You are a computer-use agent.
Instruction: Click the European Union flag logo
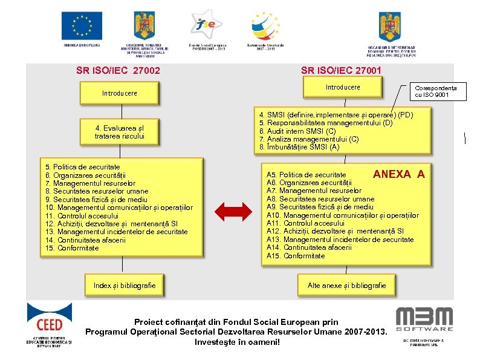click(82, 26)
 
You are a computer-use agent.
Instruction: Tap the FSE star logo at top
click(207, 25)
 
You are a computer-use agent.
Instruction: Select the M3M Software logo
click(424, 319)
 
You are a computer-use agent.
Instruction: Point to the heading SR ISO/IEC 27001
click(341, 70)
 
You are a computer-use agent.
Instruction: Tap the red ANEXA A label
click(398, 174)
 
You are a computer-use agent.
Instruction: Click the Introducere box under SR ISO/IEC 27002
click(119, 93)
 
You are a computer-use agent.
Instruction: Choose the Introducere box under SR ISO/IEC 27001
click(343, 87)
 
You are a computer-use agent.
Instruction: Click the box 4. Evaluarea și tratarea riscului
click(119, 132)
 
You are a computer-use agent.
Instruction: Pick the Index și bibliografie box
click(125, 285)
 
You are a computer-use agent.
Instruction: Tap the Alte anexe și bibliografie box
click(346, 285)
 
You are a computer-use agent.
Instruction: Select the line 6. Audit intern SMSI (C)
click(297, 131)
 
